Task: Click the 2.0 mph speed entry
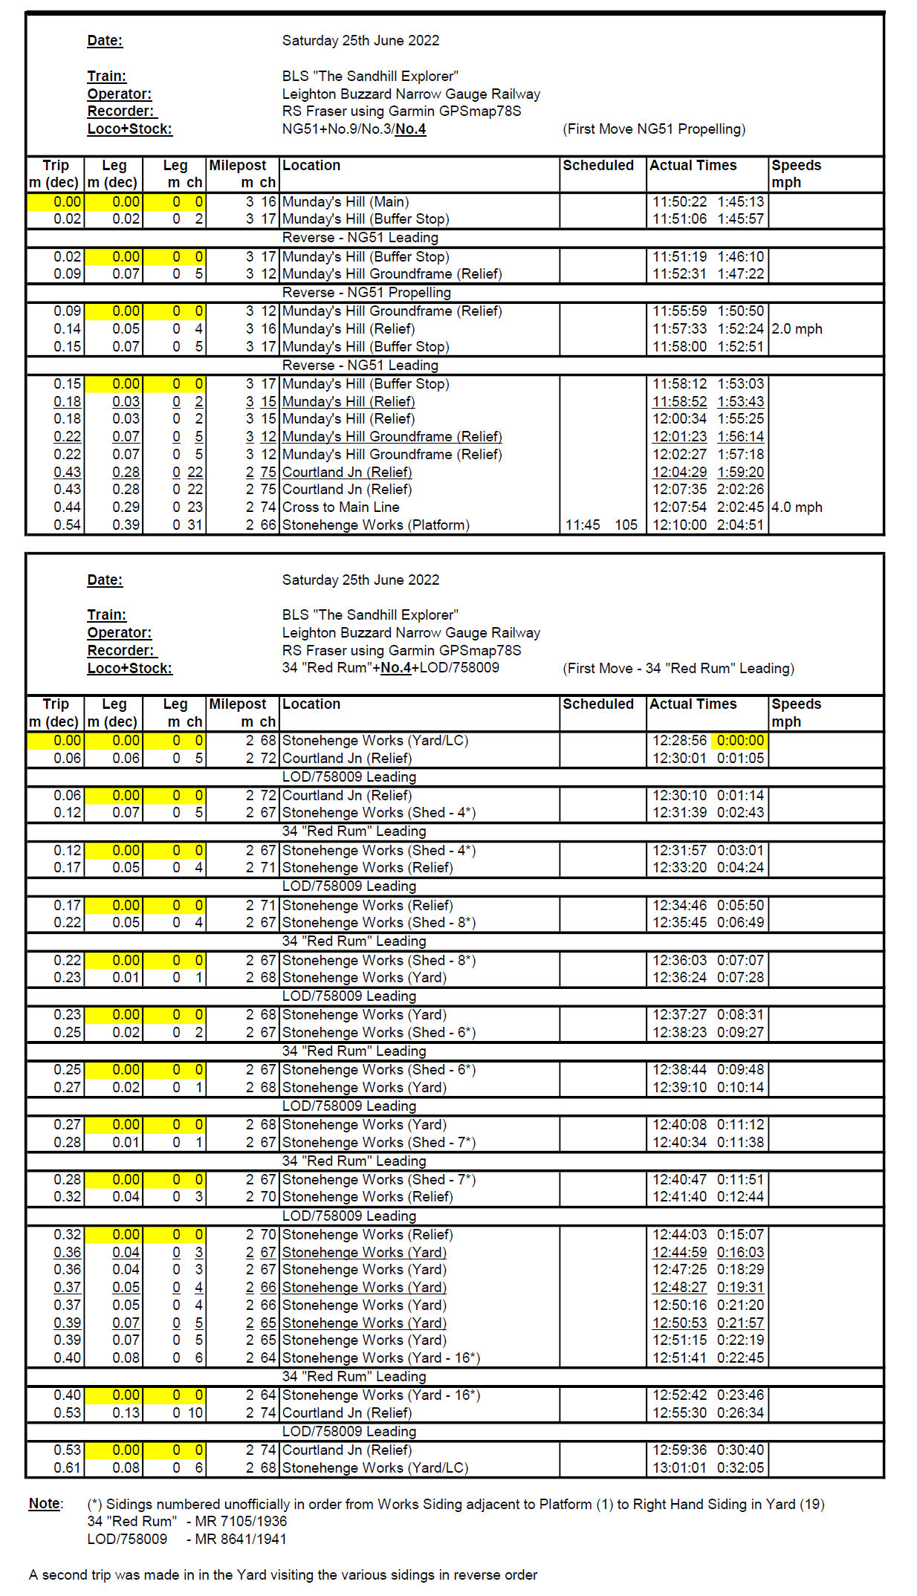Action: click(797, 328)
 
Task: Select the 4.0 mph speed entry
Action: click(797, 507)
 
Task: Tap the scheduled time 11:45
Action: click(582, 525)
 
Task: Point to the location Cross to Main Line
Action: click(340, 507)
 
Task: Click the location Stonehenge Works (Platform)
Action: click(375, 525)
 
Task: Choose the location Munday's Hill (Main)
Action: click(345, 201)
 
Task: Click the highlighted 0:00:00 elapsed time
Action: click(740, 740)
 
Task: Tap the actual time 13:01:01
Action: click(679, 1467)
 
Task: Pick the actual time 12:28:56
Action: click(679, 740)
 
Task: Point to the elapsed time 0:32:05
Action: click(740, 1467)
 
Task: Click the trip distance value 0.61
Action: click(67, 1467)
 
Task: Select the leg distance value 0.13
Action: click(126, 1412)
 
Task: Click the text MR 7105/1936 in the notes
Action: click(241, 1521)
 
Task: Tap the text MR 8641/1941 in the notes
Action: click(241, 1539)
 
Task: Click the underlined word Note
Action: click(45, 1503)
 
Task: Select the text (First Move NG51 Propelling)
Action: click(654, 129)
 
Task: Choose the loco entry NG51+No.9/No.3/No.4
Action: click(354, 129)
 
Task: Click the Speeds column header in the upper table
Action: click(796, 166)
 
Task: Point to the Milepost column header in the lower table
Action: click(237, 704)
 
